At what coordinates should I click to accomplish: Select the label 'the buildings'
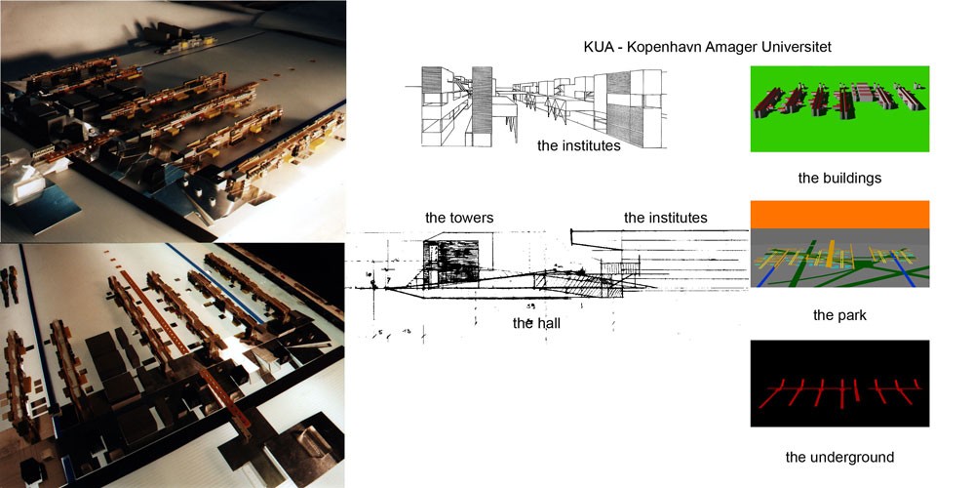(839, 178)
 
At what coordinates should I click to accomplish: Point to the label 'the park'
(839, 315)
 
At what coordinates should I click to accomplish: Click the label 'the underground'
(839, 458)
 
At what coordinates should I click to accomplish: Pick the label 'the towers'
(459, 218)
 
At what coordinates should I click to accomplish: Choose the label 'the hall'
(536, 323)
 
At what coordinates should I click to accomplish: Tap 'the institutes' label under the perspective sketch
(579, 146)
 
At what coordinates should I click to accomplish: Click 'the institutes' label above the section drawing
(665, 218)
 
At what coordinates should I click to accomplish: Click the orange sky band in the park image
(839, 215)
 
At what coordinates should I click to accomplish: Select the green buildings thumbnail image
(839, 108)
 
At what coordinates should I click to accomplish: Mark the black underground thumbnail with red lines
(839, 383)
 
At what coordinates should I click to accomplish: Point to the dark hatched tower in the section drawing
(451, 262)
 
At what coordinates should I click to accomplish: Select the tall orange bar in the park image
(831, 255)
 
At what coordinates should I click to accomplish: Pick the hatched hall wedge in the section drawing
(578, 285)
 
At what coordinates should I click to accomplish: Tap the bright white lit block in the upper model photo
(24, 189)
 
